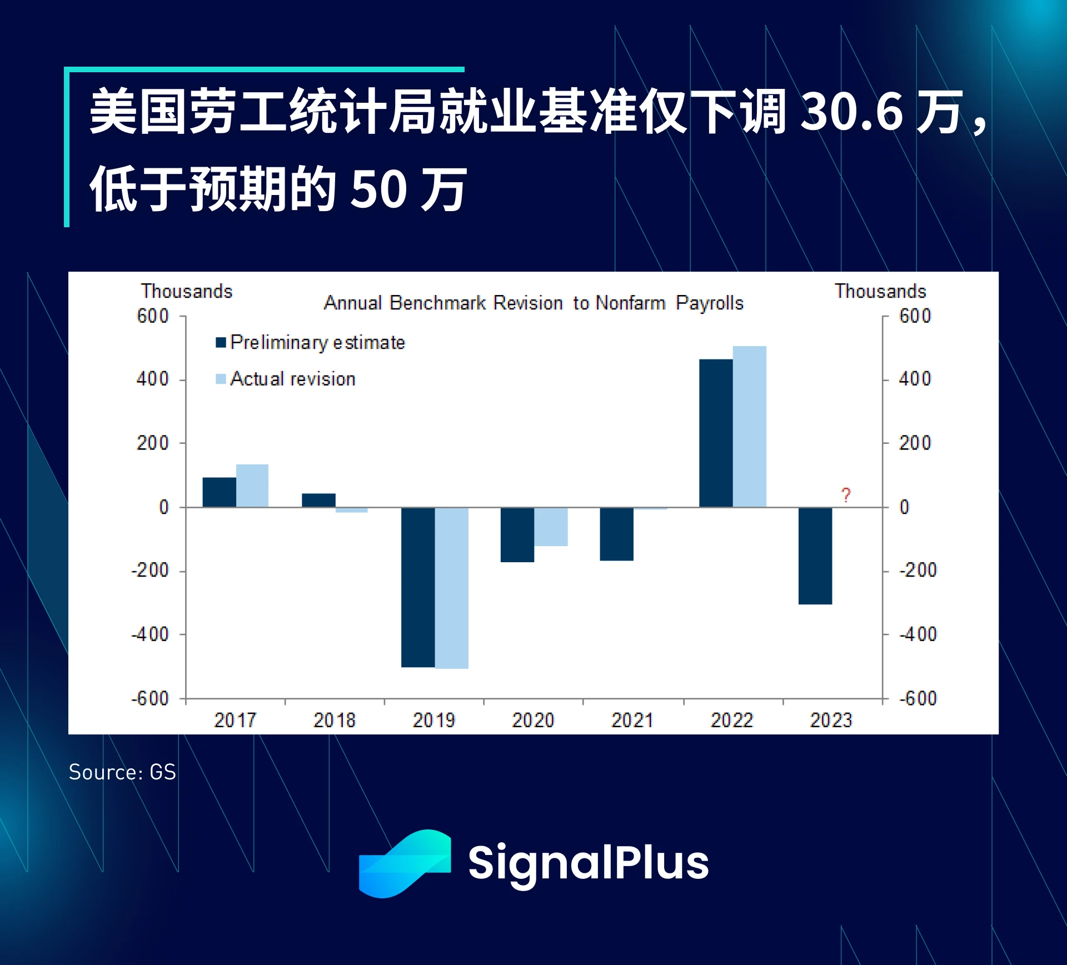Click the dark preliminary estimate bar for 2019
[418, 587]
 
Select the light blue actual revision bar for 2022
[749, 426]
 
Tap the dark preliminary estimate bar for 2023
[815, 556]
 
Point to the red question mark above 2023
[845, 495]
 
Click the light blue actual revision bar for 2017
[252, 486]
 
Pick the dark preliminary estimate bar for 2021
[616, 534]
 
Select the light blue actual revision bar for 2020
[551, 527]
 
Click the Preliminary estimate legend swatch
[221, 342]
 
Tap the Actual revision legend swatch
[221, 379]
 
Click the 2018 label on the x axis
[334, 721]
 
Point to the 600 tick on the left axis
[153, 316]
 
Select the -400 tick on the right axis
[918, 634]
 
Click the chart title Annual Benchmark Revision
[533, 303]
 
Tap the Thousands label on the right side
[880, 291]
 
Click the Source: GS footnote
[122, 772]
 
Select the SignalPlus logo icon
[405, 863]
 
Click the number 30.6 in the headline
[851, 113]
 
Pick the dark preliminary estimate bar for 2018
[318, 500]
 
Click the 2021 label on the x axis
[632, 721]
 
